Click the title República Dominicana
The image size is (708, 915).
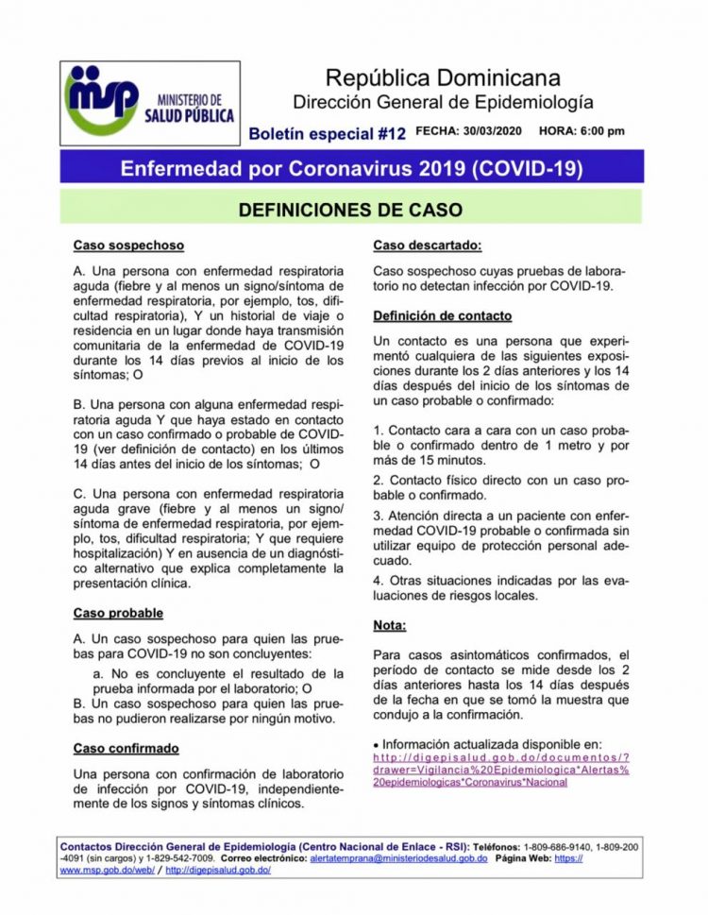443,77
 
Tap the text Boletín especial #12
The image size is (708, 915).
327,134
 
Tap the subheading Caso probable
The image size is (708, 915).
118,613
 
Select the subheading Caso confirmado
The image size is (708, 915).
126,748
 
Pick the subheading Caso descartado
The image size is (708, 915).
427,246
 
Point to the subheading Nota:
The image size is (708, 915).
389,625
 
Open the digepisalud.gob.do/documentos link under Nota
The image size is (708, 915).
501,770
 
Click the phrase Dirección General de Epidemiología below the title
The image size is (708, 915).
443,101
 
